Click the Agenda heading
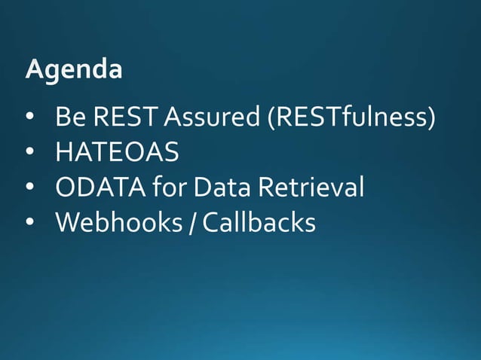[x=73, y=70]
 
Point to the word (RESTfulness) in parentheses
[x=351, y=118]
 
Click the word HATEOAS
[x=117, y=153]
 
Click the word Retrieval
[x=311, y=188]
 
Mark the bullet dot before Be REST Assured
[x=29, y=119]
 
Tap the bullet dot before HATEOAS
[x=29, y=154]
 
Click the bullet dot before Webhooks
[x=29, y=224]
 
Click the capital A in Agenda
[x=34, y=69]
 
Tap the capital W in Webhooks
[x=67, y=223]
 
